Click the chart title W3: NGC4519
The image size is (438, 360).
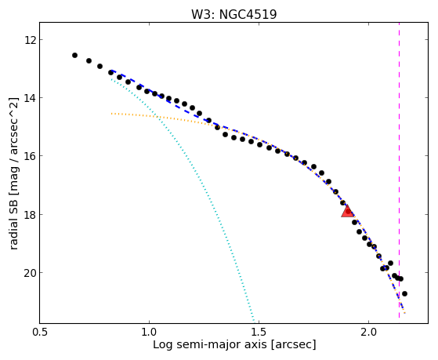pyautogui.click(x=233, y=14)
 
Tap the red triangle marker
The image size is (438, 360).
pyautogui.click(x=348, y=211)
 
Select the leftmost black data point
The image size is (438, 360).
pyautogui.click(x=74, y=55)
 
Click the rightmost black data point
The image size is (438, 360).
pyautogui.click(x=404, y=293)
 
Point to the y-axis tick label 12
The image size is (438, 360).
pyautogui.click(x=30, y=40)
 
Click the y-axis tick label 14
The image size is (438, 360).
pyautogui.click(x=30, y=98)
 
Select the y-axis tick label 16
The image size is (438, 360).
pyautogui.click(x=30, y=156)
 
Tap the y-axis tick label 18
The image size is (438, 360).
pyautogui.click(x=30, y=215)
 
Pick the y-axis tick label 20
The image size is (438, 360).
pyautogui.click(x=30, y=273)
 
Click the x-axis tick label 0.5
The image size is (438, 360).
pyautogui.click(x=40, y=332)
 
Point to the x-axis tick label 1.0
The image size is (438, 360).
pyautogui.click(x=149, y=332)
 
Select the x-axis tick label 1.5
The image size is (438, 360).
pyautogui.click(x=259, y=332)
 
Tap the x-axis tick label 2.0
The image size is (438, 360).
pyautogui.click(x=369, y=332)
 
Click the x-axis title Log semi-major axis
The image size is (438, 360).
pyautogui.click(x=210, y=344)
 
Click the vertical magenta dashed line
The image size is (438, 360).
pyautogui.click(x=399, y=170)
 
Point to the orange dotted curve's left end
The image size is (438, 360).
pyautogui.click(x=111, y=114)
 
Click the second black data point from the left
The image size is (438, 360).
pyautogui.click(x=89, y=60)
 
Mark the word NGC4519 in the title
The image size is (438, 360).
pyautogui.click(x=248, y=14)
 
